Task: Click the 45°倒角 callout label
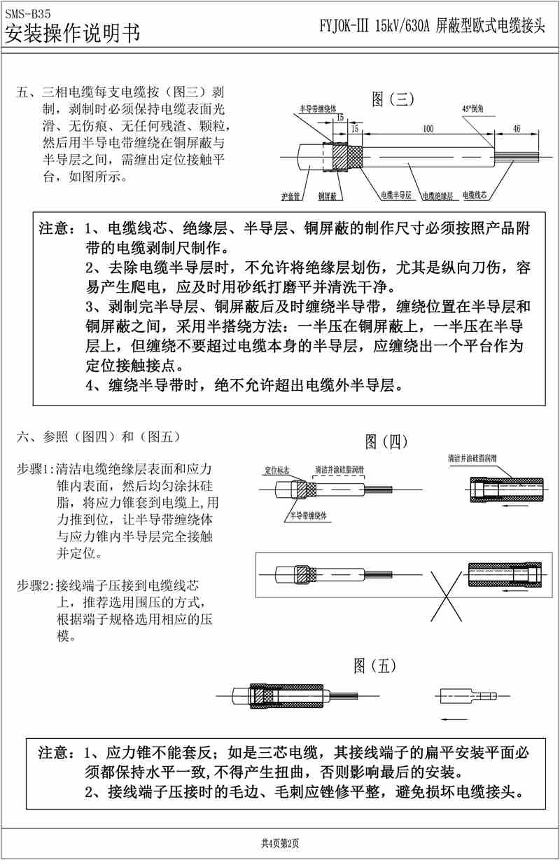click(475, 110)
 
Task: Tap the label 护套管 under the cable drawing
click(290, 197)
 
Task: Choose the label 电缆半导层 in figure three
click(395, 194)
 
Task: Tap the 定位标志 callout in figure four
click(278, 469)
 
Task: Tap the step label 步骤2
click(34, 584)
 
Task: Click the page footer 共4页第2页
click(280, 843)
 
